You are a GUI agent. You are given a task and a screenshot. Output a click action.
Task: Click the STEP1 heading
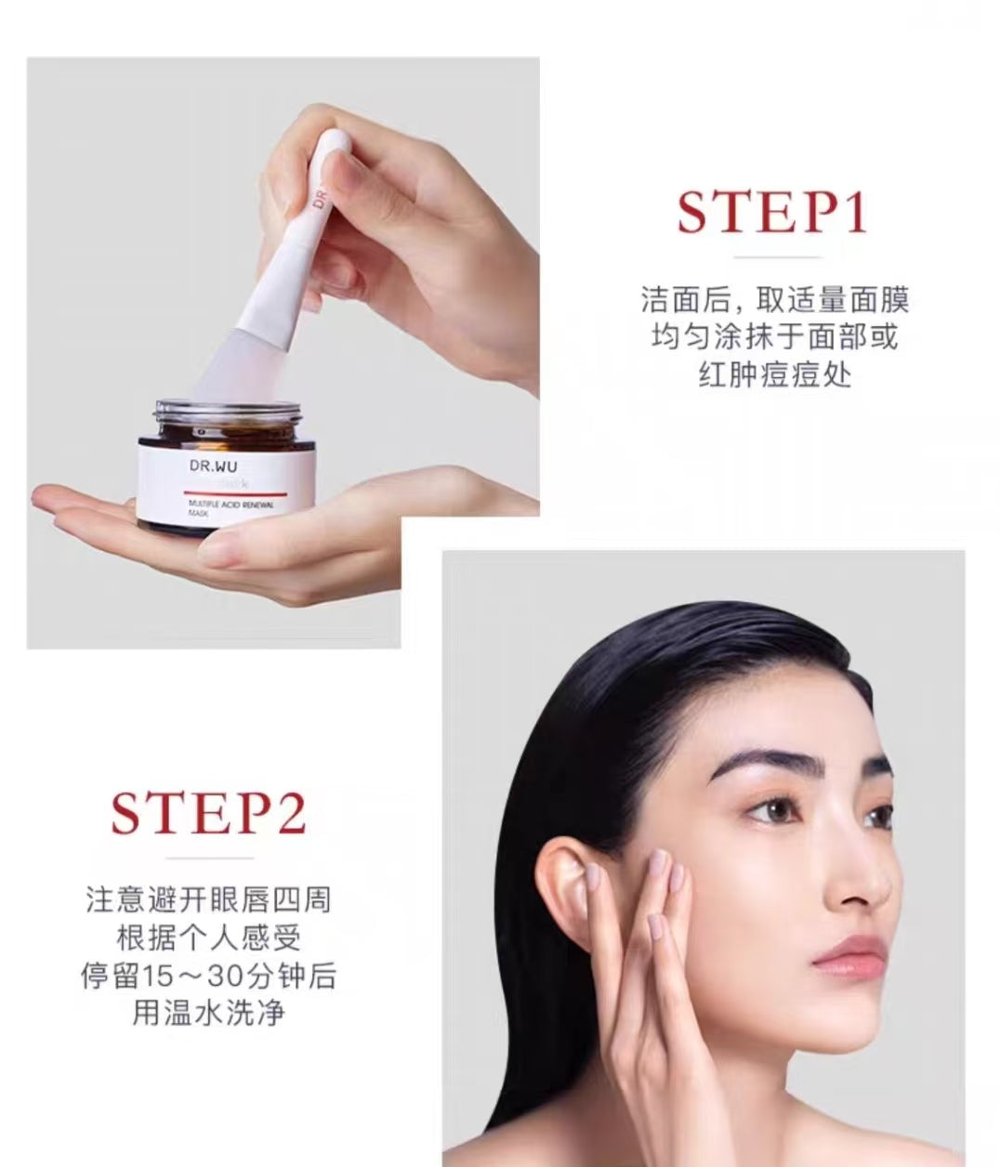(x=771, y=212)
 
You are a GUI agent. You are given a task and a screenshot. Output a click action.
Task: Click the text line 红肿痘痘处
(x=774, y=374)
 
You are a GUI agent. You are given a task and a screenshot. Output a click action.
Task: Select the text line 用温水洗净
(x=208, y=1013)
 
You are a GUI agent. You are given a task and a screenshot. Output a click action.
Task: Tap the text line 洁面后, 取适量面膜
(x=774, y=299)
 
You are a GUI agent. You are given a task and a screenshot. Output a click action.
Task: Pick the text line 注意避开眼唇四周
(x=208, y=899)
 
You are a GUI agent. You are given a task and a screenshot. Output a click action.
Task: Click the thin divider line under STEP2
(x=208, y=857)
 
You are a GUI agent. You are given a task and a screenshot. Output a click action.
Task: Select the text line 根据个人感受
(x=208, y=938)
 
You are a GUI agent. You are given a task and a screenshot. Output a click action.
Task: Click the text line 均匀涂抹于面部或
(x=774, y=337)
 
